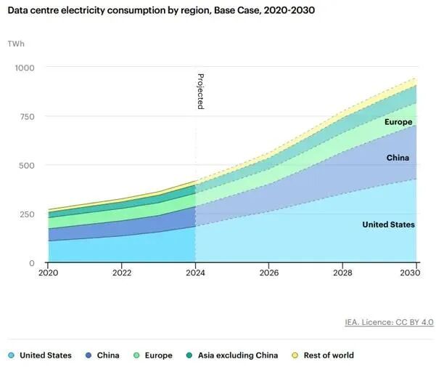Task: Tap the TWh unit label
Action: click(x=15, y=44)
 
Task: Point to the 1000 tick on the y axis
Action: click(x=25, y=68)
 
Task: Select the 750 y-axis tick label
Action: click(x=27, y=116)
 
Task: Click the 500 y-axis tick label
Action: click(x=27, y=165)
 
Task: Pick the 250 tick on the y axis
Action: click(x=27, y=214)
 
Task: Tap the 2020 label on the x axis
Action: click(x=49, y=273)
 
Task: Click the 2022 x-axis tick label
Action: click(x=122, y=273)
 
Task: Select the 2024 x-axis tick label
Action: click(x=196, y=273)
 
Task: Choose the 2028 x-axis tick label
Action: click(x=343, y=273)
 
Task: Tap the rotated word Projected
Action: click(x=200, y=91)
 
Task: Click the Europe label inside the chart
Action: click(x=398, y=122)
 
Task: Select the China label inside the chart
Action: click(x=398, y=158)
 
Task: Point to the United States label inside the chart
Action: click(x=388, y=225)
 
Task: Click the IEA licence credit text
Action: click(x=389, y=322)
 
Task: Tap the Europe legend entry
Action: click(x=152, y=355)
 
